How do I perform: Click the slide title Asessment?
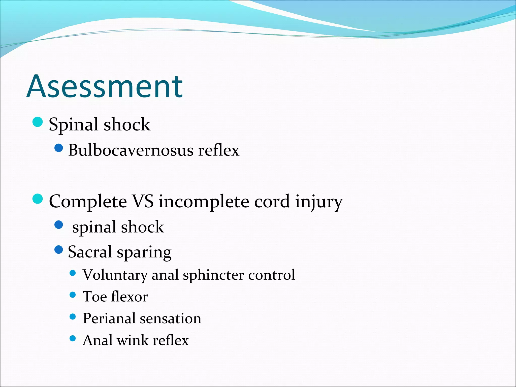click(105, 86)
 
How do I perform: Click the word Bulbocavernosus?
click(131, 150)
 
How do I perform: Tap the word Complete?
click(88, 202)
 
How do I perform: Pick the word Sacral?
click(90, 252)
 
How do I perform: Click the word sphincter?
click(213, 275)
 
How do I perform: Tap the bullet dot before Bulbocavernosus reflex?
click(58, 148)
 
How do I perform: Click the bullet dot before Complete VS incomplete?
click(38, 199)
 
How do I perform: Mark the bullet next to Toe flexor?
click(73, 295)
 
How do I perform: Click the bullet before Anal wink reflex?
click(73, 338)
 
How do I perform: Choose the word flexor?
click(129, 297)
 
